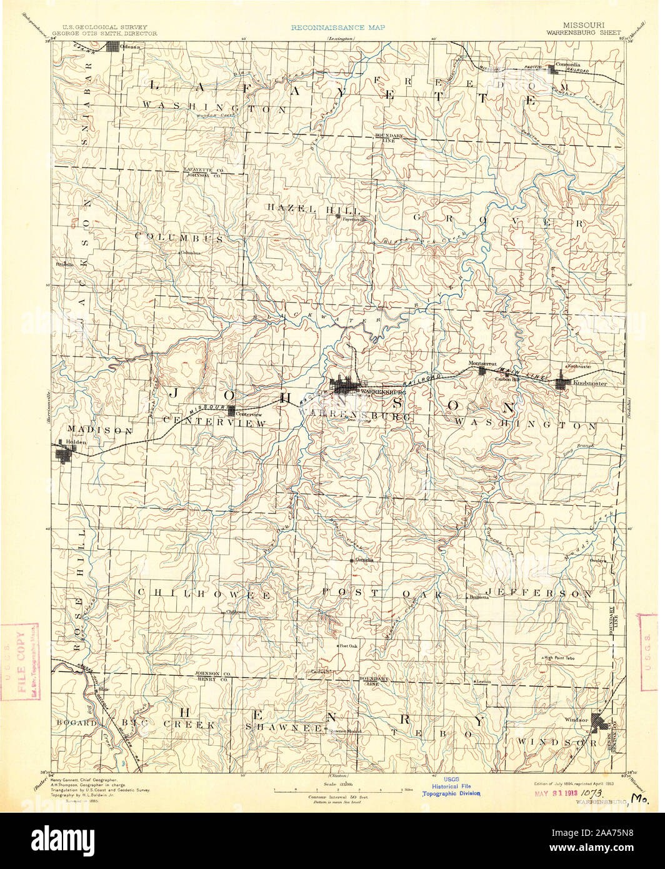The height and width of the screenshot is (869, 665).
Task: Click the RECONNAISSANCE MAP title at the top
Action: (x=337, y=28)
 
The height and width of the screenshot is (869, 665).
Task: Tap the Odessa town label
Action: (x=131, y=47)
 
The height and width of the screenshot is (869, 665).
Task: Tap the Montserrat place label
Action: (x=482, y=363)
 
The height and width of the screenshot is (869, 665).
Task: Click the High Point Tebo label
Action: (x=559, y=658)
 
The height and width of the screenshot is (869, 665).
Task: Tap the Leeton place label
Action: (x=483, y=681)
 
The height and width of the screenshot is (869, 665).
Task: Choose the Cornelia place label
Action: (x=364, y=560)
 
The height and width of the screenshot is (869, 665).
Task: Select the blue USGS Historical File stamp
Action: (x=451, y=786)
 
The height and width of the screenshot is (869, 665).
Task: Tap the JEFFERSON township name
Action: (x=539, y=593)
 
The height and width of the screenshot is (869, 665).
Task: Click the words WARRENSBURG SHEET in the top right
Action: (x=584, y=33)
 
